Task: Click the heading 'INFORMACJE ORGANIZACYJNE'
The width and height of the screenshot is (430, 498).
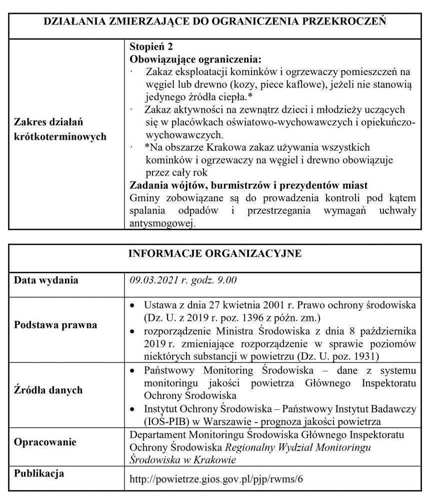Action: (215, 253)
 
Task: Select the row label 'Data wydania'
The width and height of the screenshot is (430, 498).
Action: (46, 280)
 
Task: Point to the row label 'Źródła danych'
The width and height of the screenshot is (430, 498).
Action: (48, 390)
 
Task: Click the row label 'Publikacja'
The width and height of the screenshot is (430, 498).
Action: (39, 473)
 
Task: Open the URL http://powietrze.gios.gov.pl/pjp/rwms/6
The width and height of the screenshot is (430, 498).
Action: (216, 479)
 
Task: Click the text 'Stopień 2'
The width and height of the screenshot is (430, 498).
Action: (151, 47)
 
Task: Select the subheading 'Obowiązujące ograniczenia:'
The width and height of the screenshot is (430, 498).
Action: (195, 59)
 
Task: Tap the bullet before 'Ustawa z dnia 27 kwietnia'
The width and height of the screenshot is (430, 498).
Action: (132, 304)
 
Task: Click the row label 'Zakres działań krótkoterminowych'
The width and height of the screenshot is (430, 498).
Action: (60, 130)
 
